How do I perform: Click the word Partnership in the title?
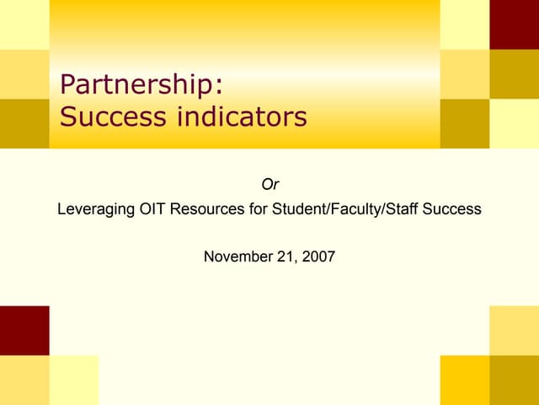click(136, 85)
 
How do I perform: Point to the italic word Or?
click(269, 184)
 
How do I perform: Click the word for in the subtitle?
click(259, 208)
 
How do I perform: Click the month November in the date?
click(239, 256)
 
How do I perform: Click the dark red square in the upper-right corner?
click(514, 24)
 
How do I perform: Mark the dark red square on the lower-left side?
click(24, 330)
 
